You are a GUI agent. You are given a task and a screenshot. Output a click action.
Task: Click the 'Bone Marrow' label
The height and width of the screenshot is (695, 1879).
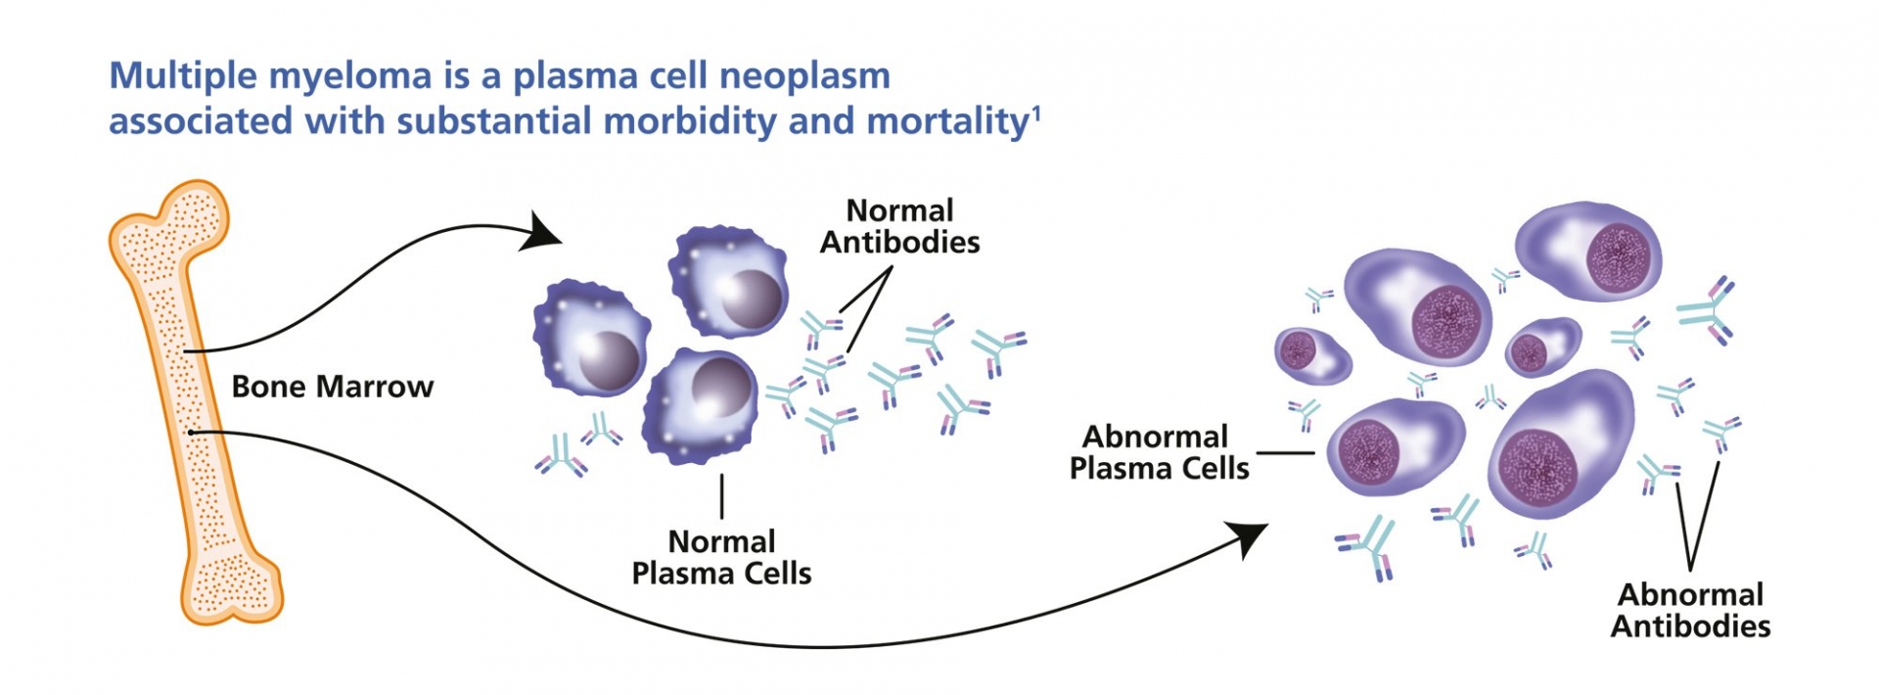tap(332, 387)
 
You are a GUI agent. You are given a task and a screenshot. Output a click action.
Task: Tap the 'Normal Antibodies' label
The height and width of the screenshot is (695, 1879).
tap(899, 226)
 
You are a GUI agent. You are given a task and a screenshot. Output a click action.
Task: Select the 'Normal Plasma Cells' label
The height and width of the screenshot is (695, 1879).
tap(721, 557)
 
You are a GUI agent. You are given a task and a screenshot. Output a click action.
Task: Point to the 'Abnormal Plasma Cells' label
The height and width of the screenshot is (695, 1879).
tap(1159, 452)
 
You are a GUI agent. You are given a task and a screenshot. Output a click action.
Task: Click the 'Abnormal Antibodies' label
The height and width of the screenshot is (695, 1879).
tap(1690, 610)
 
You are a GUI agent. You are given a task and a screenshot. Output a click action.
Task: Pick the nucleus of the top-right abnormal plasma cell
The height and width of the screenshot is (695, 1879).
tap(1625, 257)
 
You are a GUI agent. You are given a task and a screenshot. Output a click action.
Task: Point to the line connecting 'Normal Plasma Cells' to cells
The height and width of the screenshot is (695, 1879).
tap(721, 495)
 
